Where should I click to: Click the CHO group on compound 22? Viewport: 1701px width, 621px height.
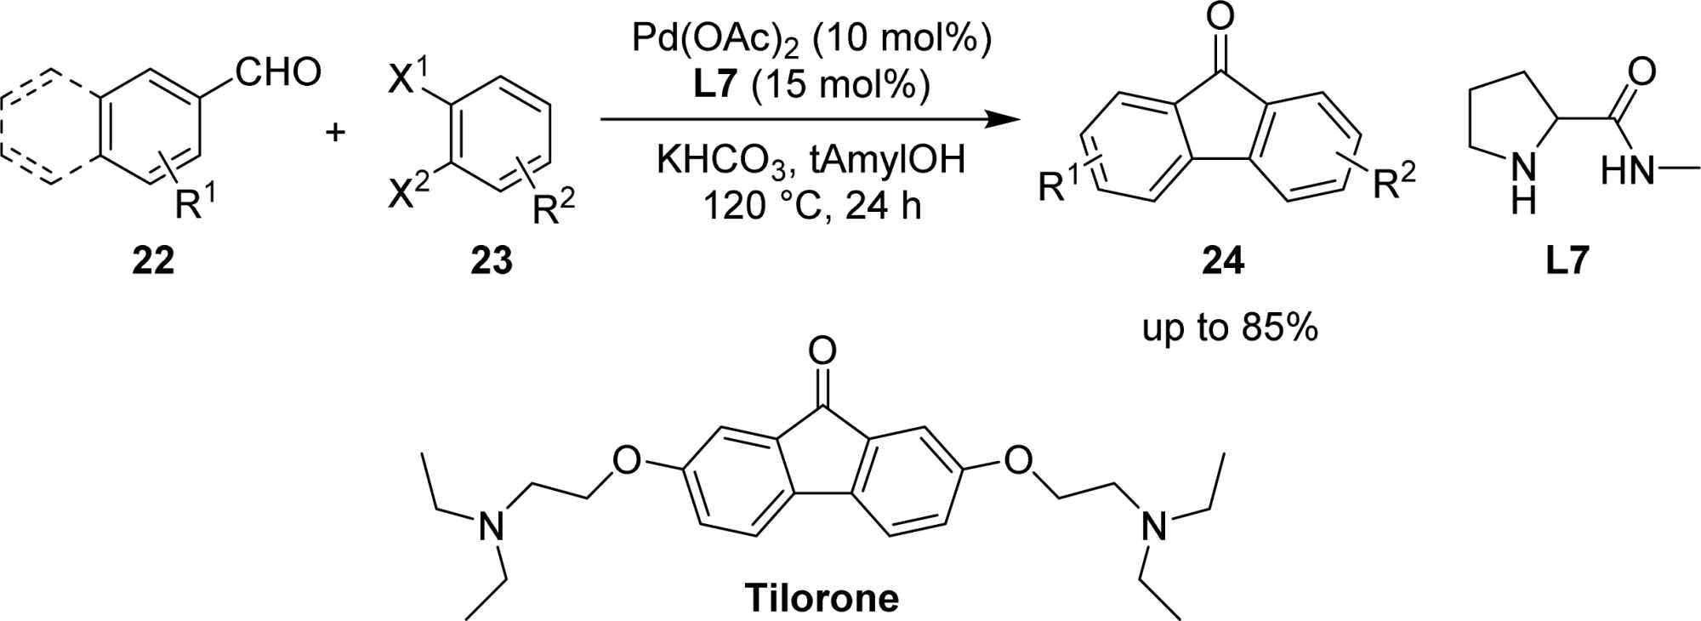279,72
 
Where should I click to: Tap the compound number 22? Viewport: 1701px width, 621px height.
153,260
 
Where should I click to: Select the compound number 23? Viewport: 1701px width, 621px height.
492,260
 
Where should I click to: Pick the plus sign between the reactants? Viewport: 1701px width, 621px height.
336,132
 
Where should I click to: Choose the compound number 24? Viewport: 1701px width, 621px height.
1222,260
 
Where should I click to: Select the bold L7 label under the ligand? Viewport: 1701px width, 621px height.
1567,260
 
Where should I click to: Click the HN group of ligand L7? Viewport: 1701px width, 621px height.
1627,173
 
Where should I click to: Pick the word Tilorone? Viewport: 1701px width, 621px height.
822,597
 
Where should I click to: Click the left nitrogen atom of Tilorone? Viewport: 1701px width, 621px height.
491,527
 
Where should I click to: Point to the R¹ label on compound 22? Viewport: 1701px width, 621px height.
195,202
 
